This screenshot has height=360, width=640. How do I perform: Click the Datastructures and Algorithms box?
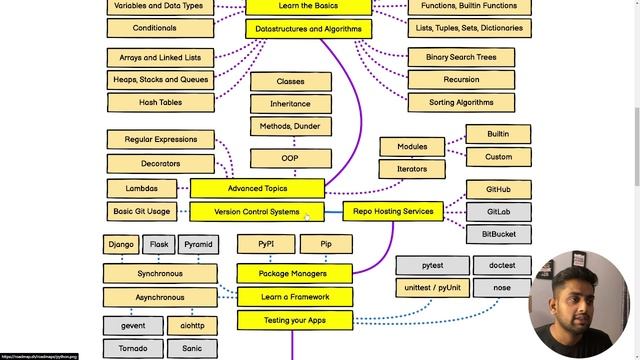(x=308, y=29)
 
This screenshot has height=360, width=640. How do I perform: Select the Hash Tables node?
(x=160, y=101)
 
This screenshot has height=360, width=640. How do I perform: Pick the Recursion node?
(x=460, y=80)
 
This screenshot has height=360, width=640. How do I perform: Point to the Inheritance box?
(x=290, y=103)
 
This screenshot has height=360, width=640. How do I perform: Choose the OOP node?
(x=290, y=158)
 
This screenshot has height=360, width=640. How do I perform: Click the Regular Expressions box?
(x=160, y=139)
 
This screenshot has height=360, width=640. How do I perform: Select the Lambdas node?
(x=142, y=188)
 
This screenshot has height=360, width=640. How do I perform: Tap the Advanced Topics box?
(x=257, y=188)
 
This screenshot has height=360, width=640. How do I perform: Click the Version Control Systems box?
(x=257, y=212)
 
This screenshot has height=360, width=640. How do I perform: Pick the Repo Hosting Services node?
(x=393, y=211)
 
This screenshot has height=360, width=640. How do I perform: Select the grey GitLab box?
(x=498, y=212)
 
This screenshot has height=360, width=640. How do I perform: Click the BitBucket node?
(x=498, y=234)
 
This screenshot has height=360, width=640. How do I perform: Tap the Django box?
(x=121, y=244)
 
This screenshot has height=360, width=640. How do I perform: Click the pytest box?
(x=432, y=265)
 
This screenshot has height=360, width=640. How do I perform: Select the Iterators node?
(x=411, y=169)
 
